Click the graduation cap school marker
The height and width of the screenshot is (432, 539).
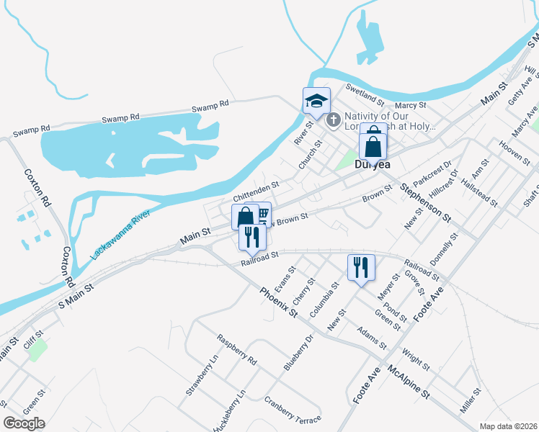click(316, 101)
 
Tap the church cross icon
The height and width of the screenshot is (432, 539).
click(333, 120)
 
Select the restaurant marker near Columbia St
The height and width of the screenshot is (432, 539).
click(358, 267)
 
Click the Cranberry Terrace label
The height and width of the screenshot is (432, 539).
click(292, 410)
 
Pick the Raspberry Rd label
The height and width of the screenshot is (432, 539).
click(236, 349)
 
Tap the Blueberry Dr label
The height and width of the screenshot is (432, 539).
click(298, 352)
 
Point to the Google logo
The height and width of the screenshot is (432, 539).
click(24, 423)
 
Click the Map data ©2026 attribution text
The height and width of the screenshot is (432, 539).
click(508, 426)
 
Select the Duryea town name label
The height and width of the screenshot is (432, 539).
click(372, 166)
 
